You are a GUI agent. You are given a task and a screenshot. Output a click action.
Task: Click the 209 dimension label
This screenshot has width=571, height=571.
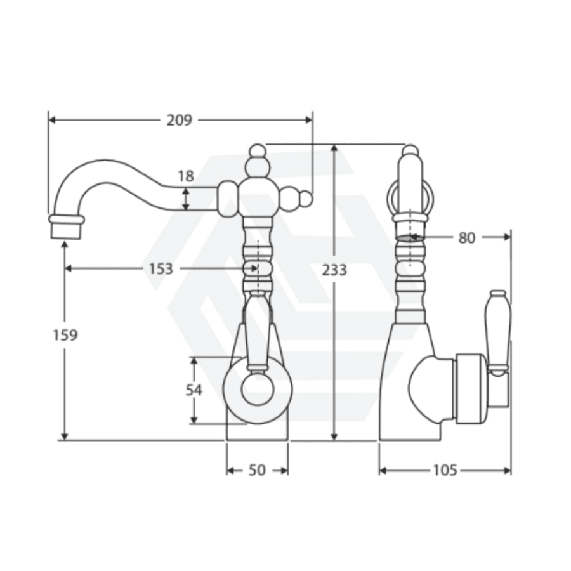pyautogui.click(x=179, y=120)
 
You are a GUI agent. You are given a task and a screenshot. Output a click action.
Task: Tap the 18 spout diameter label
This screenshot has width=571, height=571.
pyautogui.click(x=186, y=176)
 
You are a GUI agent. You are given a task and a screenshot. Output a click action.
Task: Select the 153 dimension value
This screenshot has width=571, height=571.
pyautogui.click(x=161, y=269)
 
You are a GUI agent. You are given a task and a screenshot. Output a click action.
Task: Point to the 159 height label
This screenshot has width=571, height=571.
pyautogui.click(x=65, y=335)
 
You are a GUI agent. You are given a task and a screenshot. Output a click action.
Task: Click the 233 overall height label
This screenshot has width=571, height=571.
pyautogui.click(x=334, y=270)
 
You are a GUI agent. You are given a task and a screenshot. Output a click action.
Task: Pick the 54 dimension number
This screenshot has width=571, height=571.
pyautogui.click(x=194, y=390)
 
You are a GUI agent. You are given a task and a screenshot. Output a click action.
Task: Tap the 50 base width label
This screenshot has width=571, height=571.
pyautogui.click(x=257, y=471)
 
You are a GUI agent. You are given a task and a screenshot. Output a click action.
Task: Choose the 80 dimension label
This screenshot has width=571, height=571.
pyautogui.click(x=466, y=238)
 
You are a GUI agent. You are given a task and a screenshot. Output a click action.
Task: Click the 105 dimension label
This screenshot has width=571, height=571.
pyautogui.click(x=445, y=471)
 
